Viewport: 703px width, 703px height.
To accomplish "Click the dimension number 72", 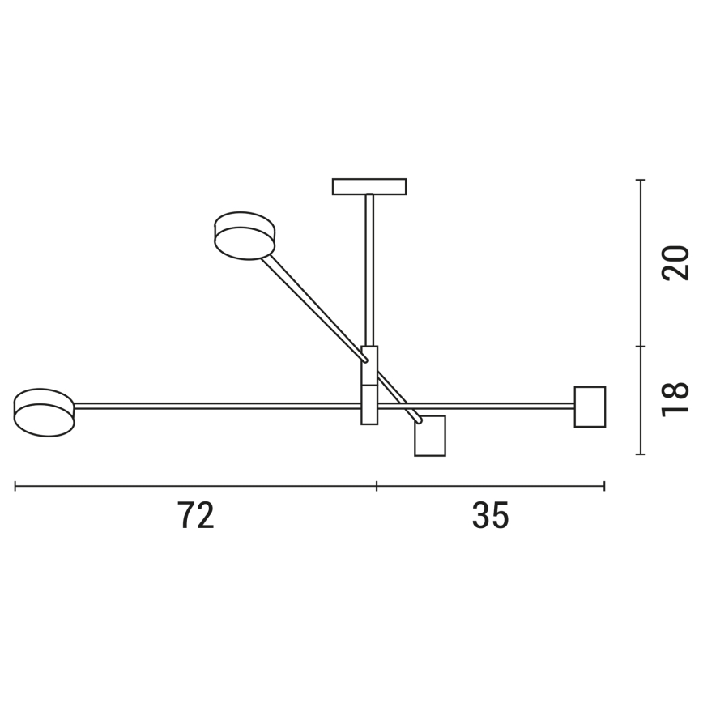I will [x=196, y=516].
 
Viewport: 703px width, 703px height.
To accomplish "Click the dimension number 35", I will [x=491, y=516].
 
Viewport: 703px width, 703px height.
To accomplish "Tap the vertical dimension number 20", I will [x=675, y=262].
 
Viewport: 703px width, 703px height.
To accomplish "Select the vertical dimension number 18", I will [x=675, y=399].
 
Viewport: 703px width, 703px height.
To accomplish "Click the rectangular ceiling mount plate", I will [x=369, y=186].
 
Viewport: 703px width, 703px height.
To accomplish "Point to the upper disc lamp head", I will [x=245, y=236].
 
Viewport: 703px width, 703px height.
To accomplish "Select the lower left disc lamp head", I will [x=45, y=412].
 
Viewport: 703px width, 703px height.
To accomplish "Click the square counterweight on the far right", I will [x=590, y=407].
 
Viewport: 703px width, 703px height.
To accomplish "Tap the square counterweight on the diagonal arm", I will [x=430, y=436].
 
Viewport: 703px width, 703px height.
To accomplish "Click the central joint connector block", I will [x=369, y=385].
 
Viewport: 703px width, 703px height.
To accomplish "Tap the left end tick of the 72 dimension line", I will [x=15, y=486].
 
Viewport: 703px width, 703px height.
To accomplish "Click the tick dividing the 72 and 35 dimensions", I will [x=377, y=486].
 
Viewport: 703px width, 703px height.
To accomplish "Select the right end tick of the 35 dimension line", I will [x=604, y=486].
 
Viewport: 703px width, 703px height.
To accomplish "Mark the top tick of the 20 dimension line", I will [x=641, y=180].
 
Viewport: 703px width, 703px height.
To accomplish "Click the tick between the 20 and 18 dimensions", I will [x=641, y=347].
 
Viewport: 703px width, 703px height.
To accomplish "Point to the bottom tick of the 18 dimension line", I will [x=641, y=454].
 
